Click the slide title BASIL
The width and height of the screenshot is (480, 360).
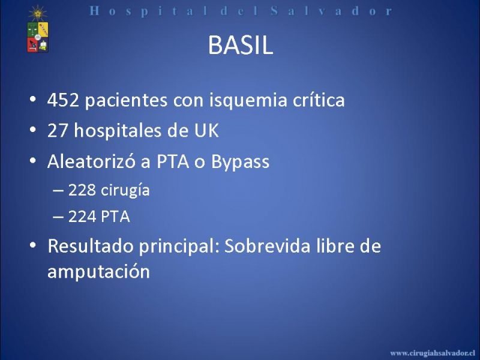click(x=241, y=46)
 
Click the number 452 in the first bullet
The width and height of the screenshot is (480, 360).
click(x=63, y=100)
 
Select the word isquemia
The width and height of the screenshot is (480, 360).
click(x=248, y=100)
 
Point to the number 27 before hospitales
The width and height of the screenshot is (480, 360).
click(x=57, y=130)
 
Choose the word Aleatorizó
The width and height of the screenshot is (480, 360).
click(x=91, y=161)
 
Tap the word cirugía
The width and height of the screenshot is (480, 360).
click(x=125, y=190)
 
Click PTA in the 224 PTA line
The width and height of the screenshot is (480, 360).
click(x=115, y=217)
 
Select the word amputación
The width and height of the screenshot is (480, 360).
click(x=98, y=272)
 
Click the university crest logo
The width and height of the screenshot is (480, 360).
click(x=38, y=29)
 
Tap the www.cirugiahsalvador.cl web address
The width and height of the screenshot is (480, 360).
click(x=433, y=353)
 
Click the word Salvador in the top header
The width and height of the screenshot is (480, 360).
click(x=331, y=11)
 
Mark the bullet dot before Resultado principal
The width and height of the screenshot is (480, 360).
click(x=33, y=245)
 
